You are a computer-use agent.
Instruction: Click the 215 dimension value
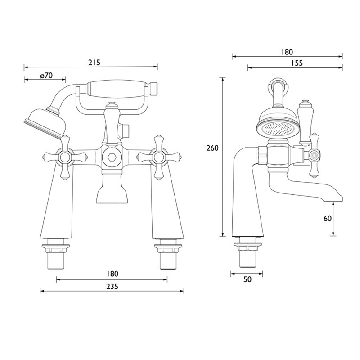(94, 62)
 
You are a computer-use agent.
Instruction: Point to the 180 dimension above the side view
(287, 52)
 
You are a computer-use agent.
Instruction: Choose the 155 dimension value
(296, 63)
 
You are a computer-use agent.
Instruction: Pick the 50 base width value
(247, 279)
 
